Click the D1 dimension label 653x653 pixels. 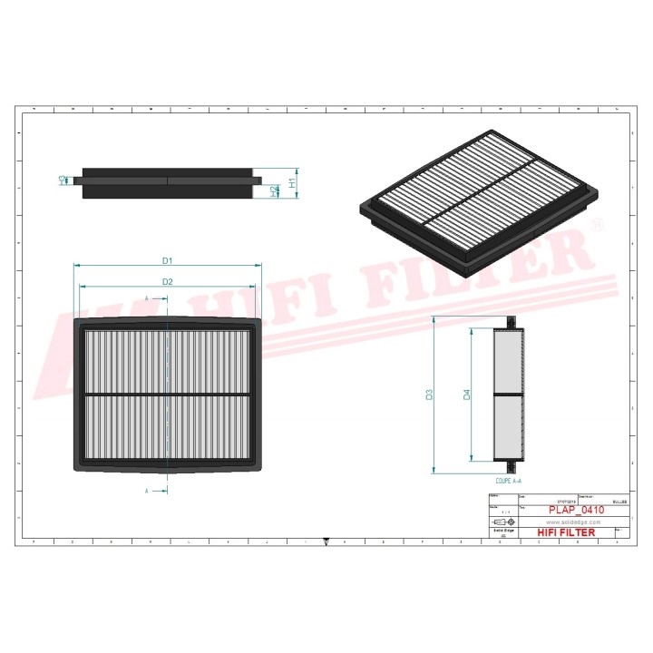coord(168,260)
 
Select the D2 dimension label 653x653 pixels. coord(168,281)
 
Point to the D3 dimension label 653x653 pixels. coord(430,395)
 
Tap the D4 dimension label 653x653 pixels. coord(466,395)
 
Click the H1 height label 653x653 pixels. coord(292,182)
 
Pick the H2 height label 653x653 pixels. coord(274,190)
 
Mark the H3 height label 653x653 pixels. coord(62,180)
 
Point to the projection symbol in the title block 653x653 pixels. coord(499,523)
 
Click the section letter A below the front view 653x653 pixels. coord(146,491)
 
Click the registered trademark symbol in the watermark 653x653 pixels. coord(596,224)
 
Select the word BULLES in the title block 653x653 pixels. coord(620,501)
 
